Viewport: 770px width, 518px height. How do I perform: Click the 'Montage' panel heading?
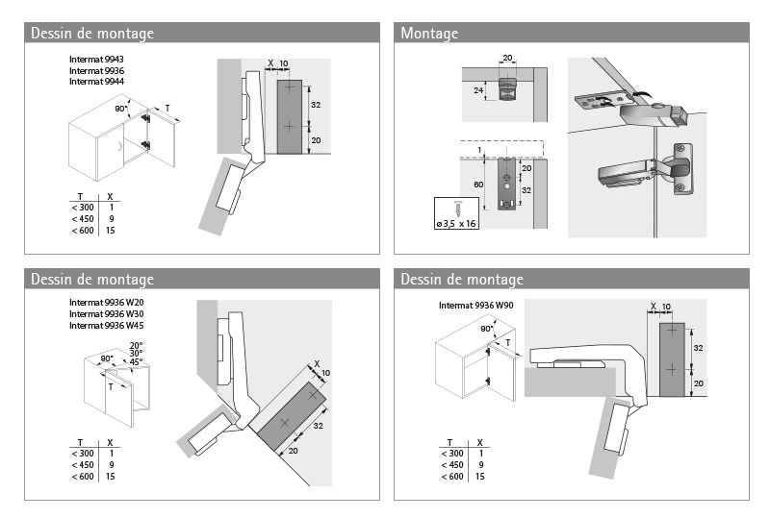coord(429,34)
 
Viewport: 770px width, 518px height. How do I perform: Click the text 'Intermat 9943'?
coord(97,60)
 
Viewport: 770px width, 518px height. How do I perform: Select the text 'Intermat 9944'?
coord(97,82)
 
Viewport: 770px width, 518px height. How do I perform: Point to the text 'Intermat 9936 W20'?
coord(106,304)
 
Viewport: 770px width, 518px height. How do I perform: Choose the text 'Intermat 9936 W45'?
coord(106,326)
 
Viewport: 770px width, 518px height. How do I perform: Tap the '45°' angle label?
coord(136,362)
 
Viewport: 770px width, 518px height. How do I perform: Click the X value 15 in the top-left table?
coord(112,231)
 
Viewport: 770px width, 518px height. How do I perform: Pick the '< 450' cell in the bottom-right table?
coord(451,465)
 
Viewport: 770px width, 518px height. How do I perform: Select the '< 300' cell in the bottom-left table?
coord(83,454)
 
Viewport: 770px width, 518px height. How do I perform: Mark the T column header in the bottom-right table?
coord(449,442)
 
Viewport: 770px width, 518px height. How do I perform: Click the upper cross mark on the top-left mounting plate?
coord(289,87)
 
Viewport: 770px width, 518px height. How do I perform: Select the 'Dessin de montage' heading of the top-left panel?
coord(92,34)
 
